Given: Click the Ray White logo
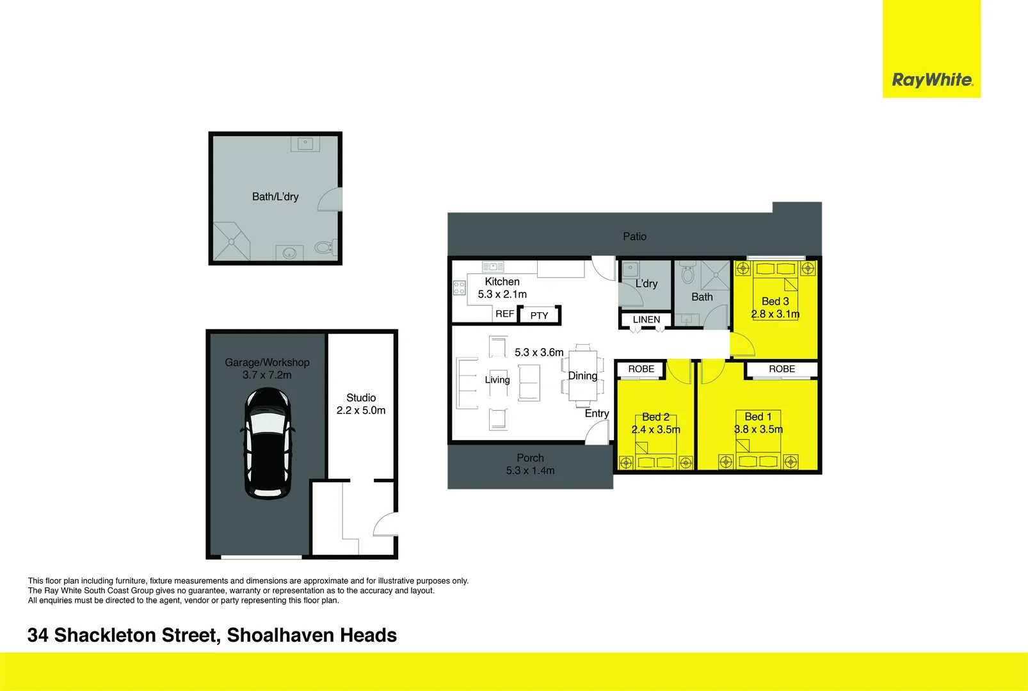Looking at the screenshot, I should [931, 80].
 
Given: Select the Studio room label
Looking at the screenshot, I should [361, 398].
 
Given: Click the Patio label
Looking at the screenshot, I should [634, 237].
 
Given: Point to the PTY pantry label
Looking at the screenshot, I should [539, 315].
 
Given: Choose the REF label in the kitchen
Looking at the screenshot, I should [504, 314].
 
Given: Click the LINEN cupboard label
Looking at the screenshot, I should [646, 320].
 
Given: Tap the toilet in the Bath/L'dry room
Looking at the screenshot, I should [324, 247].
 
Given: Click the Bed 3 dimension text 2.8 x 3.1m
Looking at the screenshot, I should [775, 314].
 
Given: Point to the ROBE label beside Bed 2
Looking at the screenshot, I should [641, 369].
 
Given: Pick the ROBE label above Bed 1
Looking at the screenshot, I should [782, 369].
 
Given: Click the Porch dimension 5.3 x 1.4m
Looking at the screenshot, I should [530, 471].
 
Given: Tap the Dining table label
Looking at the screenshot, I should [582, 376].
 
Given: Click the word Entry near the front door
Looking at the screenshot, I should [597, 414].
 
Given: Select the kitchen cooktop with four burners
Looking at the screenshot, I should [459, 288].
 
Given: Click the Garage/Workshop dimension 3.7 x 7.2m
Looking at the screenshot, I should [267, 376].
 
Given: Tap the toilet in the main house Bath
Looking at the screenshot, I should [688, 274].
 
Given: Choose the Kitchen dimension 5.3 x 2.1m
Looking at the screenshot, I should [502, 294].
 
